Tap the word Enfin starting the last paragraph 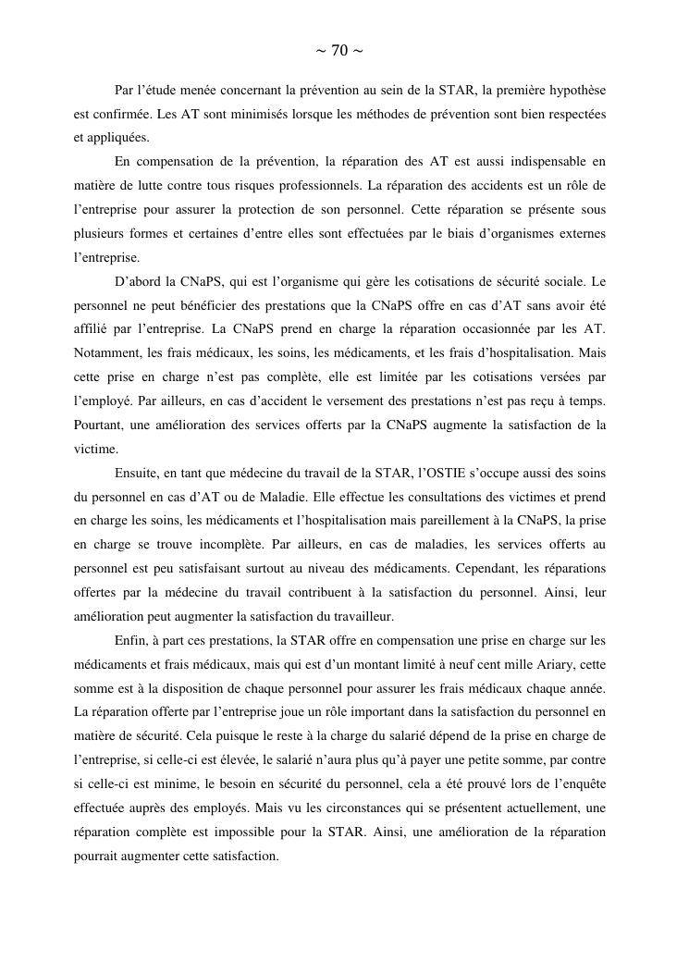pyautogui.click(x=131, y=641)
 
